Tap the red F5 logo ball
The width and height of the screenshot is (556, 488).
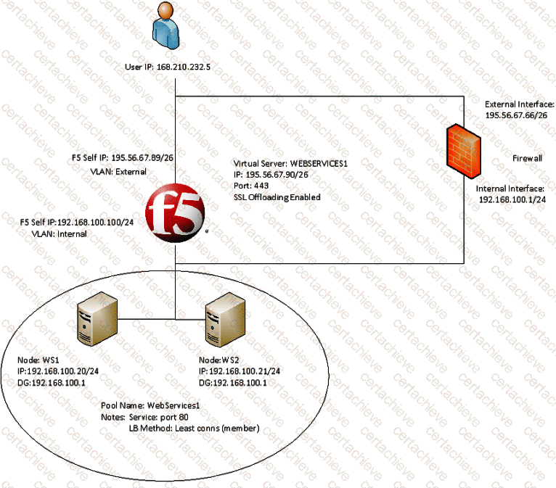pos(174,212)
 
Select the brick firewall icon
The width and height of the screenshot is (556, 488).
pos(460,148)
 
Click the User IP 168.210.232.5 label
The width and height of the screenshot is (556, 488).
pos(173,67)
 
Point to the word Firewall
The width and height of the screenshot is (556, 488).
pos(527,158)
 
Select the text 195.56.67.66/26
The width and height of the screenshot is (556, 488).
pos(511,115)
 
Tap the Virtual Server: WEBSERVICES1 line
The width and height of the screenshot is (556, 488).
pos(291,165)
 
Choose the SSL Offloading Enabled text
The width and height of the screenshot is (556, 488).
pos(277,197)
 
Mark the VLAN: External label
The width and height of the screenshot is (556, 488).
pos(118,172)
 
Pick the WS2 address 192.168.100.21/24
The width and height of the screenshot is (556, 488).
pos(240,371)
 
